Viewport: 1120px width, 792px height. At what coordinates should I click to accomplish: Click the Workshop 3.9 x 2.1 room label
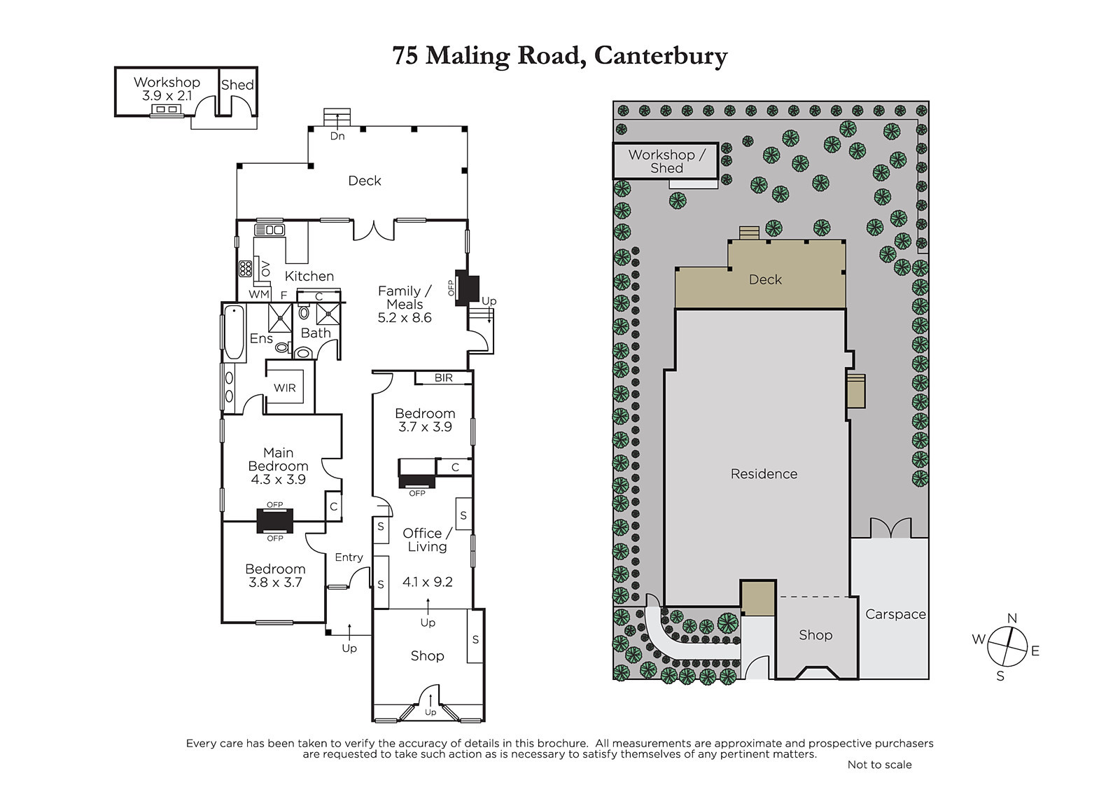[x=167, y=88]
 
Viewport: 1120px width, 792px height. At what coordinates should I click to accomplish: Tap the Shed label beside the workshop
[x=237, y=85]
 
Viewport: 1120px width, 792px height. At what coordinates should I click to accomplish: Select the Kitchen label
[x=309, y=276]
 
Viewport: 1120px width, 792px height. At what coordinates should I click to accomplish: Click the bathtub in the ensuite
[x=234, y=333]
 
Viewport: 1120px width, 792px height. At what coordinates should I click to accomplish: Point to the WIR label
[x=284, y=388]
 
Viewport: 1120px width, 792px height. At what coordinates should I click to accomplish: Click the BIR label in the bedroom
[x=444, y=377]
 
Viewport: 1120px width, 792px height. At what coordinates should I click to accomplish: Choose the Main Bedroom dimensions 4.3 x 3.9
[x=278, y=479]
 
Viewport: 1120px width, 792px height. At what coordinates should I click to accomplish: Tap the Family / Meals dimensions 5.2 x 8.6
[x=405, y=318]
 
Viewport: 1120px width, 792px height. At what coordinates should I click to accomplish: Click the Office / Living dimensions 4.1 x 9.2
[x=428, y=582]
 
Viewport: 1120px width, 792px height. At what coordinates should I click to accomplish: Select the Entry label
[x=349, y=557]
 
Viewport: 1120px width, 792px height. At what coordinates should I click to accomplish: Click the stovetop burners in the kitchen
[x=245, y=269]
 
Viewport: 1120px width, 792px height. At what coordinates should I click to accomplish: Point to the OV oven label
[x=265, y=269]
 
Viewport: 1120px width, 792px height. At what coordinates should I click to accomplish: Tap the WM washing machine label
[x=259, y=294]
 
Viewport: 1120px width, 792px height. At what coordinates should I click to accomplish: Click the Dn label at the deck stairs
[x=337, y=136]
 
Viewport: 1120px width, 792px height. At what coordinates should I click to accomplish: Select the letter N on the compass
[x=1012, y=618]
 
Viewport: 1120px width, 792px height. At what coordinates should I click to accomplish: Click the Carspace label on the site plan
[x=895, y=614]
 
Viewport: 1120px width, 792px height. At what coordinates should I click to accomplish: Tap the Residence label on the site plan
[x=764, y=474]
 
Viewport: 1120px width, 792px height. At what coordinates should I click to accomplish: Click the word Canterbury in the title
[x=661, y=56]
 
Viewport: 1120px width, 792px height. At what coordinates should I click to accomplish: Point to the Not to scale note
[x=879, y=765]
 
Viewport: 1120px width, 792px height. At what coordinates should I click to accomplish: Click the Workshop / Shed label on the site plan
[x=666, y=161]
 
